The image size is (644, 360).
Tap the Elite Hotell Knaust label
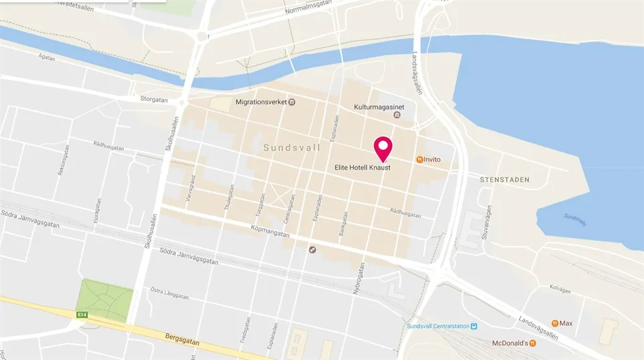361,168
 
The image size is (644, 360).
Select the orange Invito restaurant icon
419,159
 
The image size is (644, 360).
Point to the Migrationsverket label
262,103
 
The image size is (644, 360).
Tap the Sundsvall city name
292,147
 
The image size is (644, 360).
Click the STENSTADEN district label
505,180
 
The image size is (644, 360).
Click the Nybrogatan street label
355,283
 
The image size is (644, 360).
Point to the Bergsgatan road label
185,337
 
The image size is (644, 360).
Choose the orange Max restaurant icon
555,323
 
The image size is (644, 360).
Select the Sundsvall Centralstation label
437,326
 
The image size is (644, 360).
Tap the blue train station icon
473,326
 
